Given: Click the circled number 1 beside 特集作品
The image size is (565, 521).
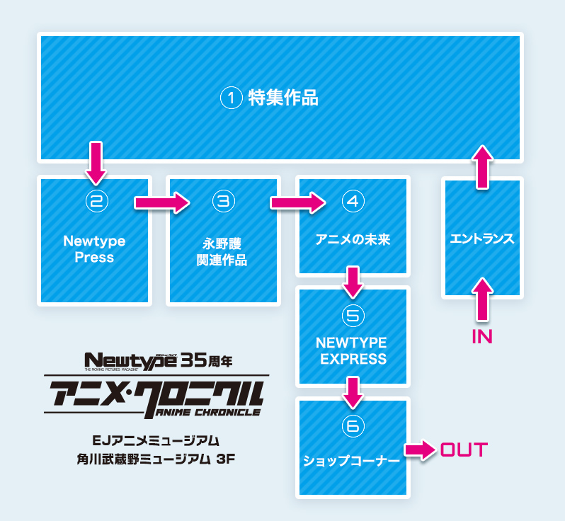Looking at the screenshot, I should [x=232, y=98].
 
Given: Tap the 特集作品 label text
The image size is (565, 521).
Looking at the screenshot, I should [x=283, y=98].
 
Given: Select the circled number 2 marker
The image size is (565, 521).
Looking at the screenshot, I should [x=96, y=201].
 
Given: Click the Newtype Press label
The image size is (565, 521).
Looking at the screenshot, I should [x=94, y=249].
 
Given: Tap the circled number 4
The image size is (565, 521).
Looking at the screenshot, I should [x=353, y=201].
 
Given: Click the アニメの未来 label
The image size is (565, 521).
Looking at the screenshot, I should [x=353, y=239].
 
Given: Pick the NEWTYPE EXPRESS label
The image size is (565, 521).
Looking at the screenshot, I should [x=353, y=351].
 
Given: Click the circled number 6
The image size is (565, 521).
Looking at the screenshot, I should [x=353, y=425].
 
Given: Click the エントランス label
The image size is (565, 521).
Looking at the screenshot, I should [x=481, y=239].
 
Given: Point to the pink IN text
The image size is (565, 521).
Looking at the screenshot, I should [x=481, y=336].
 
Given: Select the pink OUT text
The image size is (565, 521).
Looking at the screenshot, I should [x=464, y=450].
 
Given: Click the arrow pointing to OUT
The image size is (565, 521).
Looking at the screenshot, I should [x=419, y=450].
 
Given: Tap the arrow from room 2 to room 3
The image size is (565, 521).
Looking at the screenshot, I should [x=162, y=202].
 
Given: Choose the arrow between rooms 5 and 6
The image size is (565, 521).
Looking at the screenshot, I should [x=353, y=391].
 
